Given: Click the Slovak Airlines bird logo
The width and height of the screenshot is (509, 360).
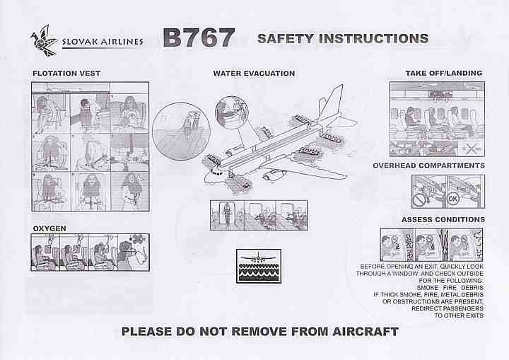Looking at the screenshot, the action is tap(44, 40).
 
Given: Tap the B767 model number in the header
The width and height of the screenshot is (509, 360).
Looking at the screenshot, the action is tap(199, 37).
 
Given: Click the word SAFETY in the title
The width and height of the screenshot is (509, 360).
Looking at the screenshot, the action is tap(286, 39).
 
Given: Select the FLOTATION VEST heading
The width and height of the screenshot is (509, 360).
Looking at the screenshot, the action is tap(66, 74).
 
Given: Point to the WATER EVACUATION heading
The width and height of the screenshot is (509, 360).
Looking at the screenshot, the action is tap(254, 74).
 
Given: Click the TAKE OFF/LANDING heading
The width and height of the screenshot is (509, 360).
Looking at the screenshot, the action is tap(444, 73).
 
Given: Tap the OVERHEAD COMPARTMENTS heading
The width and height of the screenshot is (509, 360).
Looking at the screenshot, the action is tap(428, 166).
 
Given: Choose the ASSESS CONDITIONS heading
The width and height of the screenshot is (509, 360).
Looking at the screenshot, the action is tap(443, 220).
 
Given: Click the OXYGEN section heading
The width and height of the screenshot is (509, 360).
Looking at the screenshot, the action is tap(49, 228).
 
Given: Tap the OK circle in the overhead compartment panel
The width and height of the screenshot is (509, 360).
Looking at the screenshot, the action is tap(453, 199).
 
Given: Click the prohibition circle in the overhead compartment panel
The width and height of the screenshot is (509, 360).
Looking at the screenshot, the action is tap(419, 200).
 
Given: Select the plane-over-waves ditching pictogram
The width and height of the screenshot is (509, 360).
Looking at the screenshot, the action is tap(259, 266).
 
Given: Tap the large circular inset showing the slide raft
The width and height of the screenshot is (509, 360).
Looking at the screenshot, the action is tap(181, 132).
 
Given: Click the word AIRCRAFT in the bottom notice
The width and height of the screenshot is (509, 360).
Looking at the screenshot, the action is tap(365, 332).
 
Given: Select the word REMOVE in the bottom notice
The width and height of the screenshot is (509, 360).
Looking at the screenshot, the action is tap(259, 332).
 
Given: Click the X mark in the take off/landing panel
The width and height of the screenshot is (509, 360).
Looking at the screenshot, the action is tap(471, 149).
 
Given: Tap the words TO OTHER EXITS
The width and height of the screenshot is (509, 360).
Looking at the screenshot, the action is tap(459, 315).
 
